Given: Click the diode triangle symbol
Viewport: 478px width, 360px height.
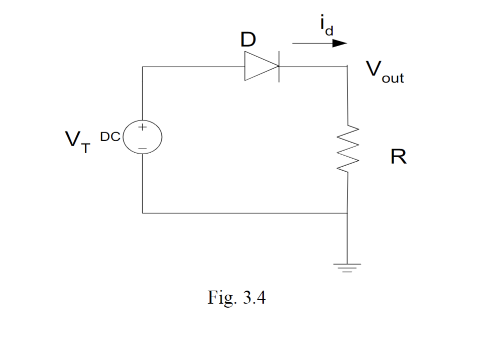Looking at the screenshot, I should coord(260,66).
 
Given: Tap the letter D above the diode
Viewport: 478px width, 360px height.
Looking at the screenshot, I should coord(247,40).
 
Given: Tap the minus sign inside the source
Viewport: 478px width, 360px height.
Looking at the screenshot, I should coord(143,147).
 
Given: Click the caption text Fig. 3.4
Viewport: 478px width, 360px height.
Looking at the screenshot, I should coord(236,298).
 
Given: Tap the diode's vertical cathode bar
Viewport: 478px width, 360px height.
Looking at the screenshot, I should coord(279,66).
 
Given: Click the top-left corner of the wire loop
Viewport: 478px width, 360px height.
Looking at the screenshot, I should coord(143,66).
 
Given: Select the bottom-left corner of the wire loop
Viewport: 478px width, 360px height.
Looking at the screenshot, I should coord(143,213).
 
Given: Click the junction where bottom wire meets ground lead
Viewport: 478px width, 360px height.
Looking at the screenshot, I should coord(347,213).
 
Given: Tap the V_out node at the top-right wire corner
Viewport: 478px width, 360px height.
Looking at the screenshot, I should coord(347,66).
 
